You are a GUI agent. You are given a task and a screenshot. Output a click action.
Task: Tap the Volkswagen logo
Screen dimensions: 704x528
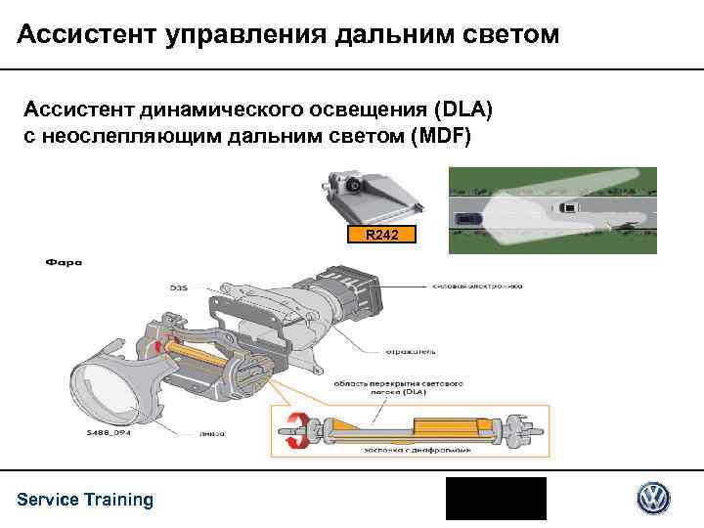coord(653,499)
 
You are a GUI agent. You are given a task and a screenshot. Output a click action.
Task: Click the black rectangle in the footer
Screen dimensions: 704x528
coord(496,499)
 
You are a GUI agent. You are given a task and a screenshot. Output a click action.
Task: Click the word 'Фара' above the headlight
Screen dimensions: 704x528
coord(63,261)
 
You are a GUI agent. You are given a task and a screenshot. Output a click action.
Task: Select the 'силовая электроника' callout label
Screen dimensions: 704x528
coord(477,286)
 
